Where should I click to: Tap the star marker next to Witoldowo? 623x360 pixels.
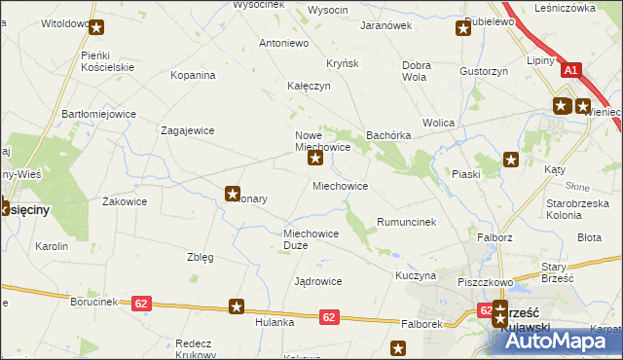[95, 26]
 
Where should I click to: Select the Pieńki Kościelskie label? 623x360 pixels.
[107, 64]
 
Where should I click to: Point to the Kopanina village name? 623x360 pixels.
[192, 74]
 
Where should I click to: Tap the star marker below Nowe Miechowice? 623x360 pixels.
[315, 158]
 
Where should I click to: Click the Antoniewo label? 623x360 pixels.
[283, 44]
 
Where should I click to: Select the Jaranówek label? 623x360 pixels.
[386, 26]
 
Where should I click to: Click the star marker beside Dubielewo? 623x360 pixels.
[463, 28]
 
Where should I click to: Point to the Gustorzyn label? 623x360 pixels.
[485, 71]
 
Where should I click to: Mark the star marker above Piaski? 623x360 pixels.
[509, 159]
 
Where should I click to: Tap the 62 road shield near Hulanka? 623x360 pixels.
[328, 316]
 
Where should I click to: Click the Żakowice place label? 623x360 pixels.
[125, 202]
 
